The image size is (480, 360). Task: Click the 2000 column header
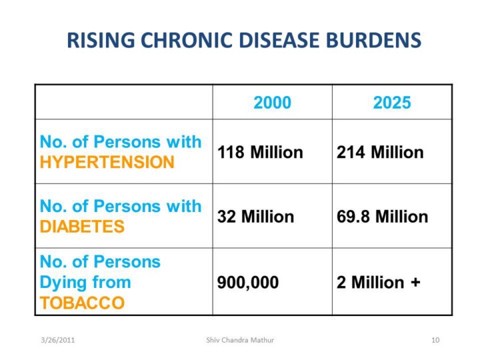click(x=272, y=103)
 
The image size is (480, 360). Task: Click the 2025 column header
click(x=392, y=103)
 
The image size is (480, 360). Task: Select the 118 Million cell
click(x=260, y=153)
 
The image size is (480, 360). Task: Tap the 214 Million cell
click(x=380, y=153)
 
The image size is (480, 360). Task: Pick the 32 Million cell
click(x=255, y=217)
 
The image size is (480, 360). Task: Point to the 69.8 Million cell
click(x=383, y=217)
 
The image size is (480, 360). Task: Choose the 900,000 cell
click(x=248, y=282)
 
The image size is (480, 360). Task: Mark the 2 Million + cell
click(x=379, y=282)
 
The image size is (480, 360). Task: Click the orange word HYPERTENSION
click(x=107, y=163)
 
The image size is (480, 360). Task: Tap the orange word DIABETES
click(x=82, y=227)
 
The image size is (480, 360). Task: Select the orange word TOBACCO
click(x=82, y=303)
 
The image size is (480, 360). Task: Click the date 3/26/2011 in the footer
click(x=57, y=340)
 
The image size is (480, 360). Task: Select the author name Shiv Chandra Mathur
click(x=240, y=340)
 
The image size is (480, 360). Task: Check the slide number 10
click(x=435, y=340)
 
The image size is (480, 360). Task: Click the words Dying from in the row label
click(x=85, y=282)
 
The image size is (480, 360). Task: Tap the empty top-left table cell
click(x=124, y=103)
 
